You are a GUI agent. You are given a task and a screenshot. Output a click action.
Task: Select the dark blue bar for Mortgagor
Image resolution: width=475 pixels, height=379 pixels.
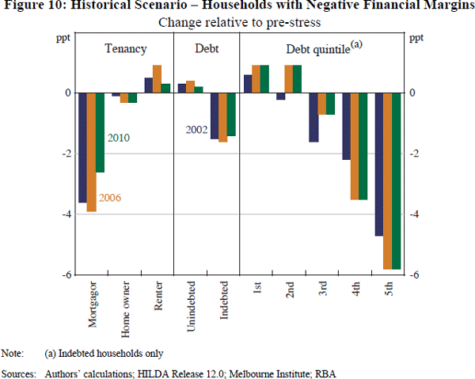(82, 147)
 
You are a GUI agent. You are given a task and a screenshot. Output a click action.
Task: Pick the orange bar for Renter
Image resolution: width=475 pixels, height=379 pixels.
(157, 78)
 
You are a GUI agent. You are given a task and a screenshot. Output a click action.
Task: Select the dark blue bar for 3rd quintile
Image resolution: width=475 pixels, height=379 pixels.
(313, 117)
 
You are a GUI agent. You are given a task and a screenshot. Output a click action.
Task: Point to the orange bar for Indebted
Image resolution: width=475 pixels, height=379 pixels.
(222, 117)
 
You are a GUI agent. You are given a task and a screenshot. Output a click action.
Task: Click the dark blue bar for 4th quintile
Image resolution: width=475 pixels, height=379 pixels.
(346, 126)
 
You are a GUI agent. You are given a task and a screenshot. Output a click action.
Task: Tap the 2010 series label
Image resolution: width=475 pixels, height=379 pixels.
(117, 138)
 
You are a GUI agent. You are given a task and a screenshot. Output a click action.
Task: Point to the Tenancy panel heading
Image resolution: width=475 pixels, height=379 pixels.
(126, 49)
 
